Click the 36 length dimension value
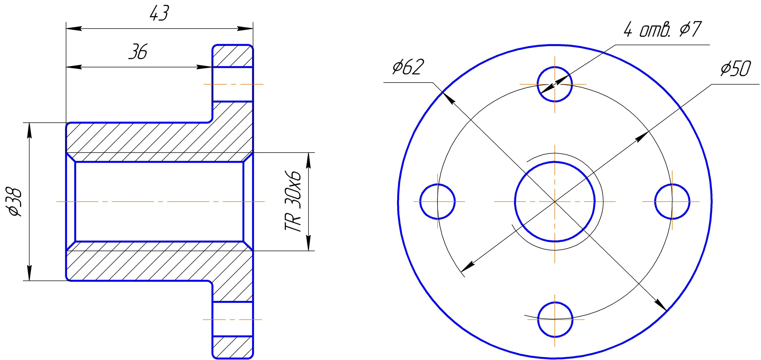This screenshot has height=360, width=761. click(x=138, y=52)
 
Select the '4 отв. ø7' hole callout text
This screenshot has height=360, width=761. click(x=662, y=30)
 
